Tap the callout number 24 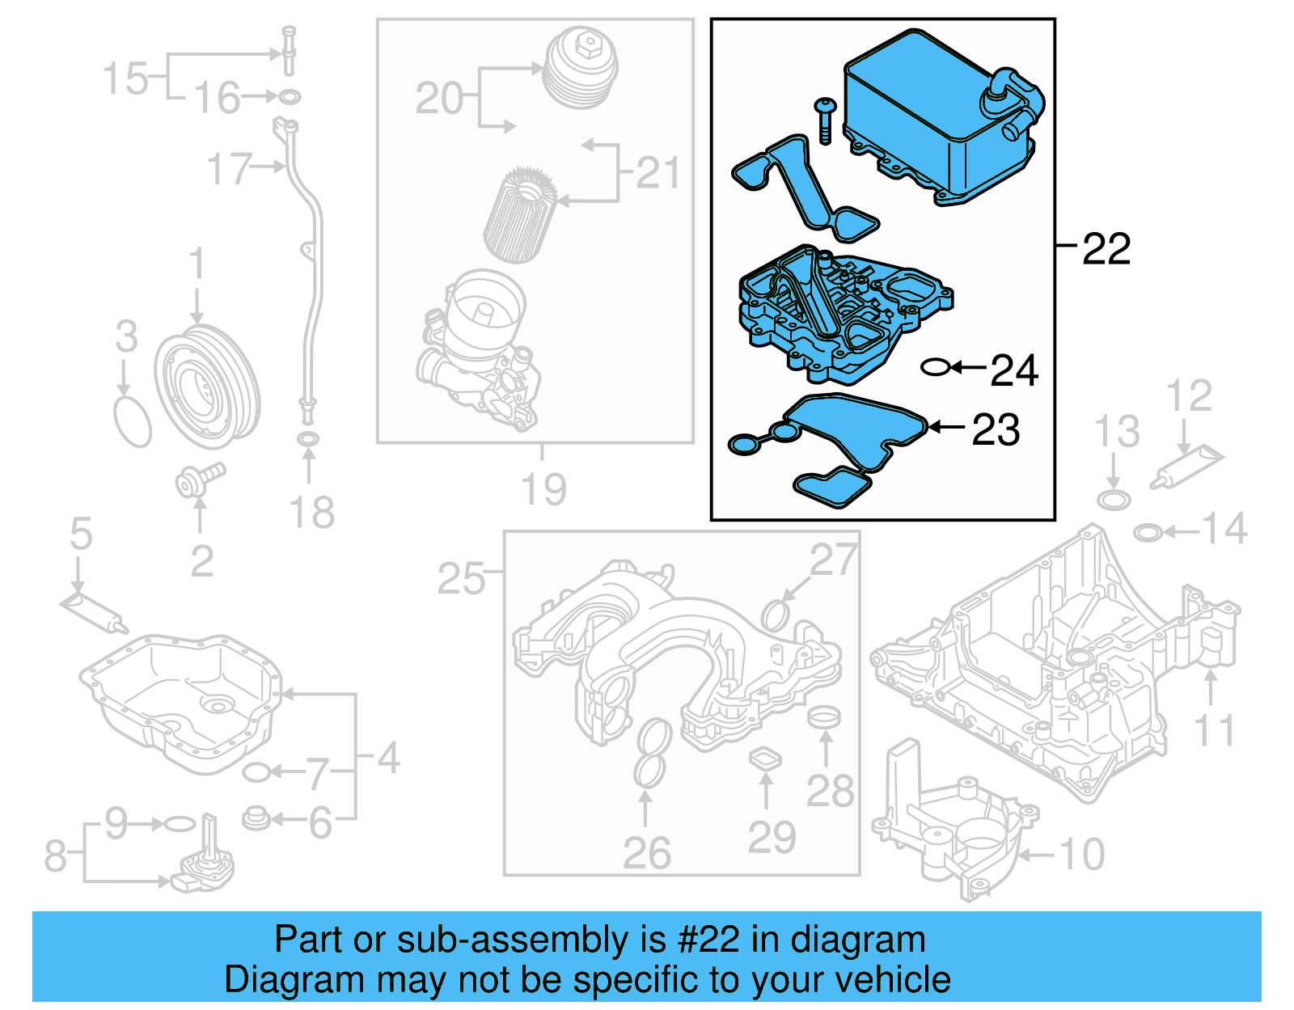(x=1014, y=370)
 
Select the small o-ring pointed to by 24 (x=935, y=368)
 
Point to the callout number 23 (x=996, y=429)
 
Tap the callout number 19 (x=543, y=488)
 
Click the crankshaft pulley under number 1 (x=207, y=387)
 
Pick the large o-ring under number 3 (x=133, y=420)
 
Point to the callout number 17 (x=229, y=169)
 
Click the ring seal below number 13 (x=1114, y=499)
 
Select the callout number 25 (x=461, y=579)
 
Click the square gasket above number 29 (x=765, y=759)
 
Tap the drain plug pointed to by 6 (x=256, y=818)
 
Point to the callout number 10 (x=1081, y=854)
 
